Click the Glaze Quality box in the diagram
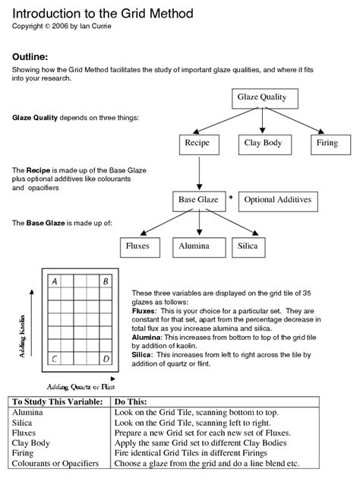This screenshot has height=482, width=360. (x=262, y=98)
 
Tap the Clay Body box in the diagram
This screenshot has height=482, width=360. (x=263, y=143)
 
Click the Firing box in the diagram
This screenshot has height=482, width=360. (x=327, y=143)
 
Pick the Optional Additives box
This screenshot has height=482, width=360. (x=276, y=200)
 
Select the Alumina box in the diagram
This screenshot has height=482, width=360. (x=194, y=246)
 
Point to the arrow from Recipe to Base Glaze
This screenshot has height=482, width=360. (x=198, y=171)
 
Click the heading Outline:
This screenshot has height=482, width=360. (x=30, y=57)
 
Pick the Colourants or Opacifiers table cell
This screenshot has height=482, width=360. (x=55, y=464)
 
